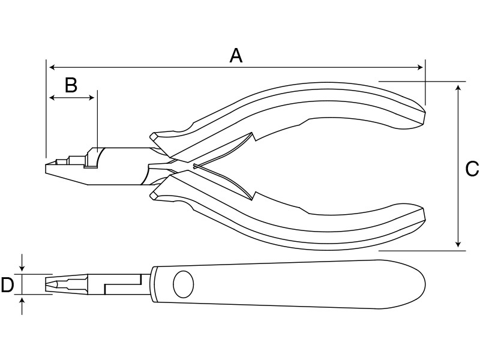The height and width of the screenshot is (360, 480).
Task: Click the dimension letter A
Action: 236,56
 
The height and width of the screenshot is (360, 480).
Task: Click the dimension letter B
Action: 71,85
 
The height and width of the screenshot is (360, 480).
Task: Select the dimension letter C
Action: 472,169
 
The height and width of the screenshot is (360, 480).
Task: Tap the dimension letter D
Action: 7,284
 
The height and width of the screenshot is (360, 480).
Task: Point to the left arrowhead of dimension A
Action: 52,67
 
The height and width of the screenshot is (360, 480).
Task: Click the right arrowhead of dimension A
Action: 420,67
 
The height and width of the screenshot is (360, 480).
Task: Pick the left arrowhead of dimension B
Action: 52,98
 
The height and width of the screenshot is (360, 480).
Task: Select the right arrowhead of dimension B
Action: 91,98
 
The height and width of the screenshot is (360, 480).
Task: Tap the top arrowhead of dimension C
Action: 458,88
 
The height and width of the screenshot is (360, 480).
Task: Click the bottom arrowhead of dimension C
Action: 458,244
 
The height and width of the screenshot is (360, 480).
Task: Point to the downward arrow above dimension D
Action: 22,263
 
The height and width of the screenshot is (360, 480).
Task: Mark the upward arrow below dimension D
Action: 22,305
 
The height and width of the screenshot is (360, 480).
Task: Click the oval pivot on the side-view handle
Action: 184,284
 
